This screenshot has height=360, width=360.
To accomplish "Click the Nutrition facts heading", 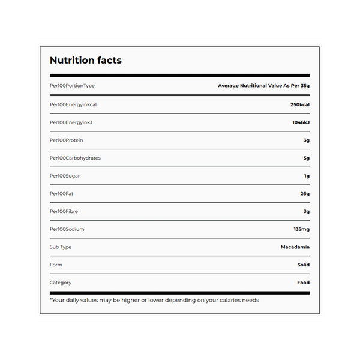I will (85, 60).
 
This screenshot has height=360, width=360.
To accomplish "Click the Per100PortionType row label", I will (72, 86).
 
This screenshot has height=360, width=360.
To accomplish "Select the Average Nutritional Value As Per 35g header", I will (263, 86).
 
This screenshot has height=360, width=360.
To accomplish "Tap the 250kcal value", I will (299, 104).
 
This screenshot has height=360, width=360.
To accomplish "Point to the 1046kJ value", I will (301, 122).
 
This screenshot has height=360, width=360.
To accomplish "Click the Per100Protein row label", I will (66, 140).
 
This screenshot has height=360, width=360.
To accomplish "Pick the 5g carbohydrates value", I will (306, 158).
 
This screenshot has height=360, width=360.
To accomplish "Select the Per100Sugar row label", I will (65, 176).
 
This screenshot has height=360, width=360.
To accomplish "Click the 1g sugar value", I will (307, 176).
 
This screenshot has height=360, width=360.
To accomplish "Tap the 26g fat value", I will (305, 194).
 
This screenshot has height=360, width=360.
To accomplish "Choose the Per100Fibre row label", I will (64, 211).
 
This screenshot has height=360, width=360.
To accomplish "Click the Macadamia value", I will (295, 247).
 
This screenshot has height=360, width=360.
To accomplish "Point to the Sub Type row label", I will (61, 247).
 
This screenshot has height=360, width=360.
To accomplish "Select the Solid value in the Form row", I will (303, 265).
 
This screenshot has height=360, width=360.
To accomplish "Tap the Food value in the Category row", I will (303, 283).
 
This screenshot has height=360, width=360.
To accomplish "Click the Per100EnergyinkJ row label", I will (70, 122).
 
